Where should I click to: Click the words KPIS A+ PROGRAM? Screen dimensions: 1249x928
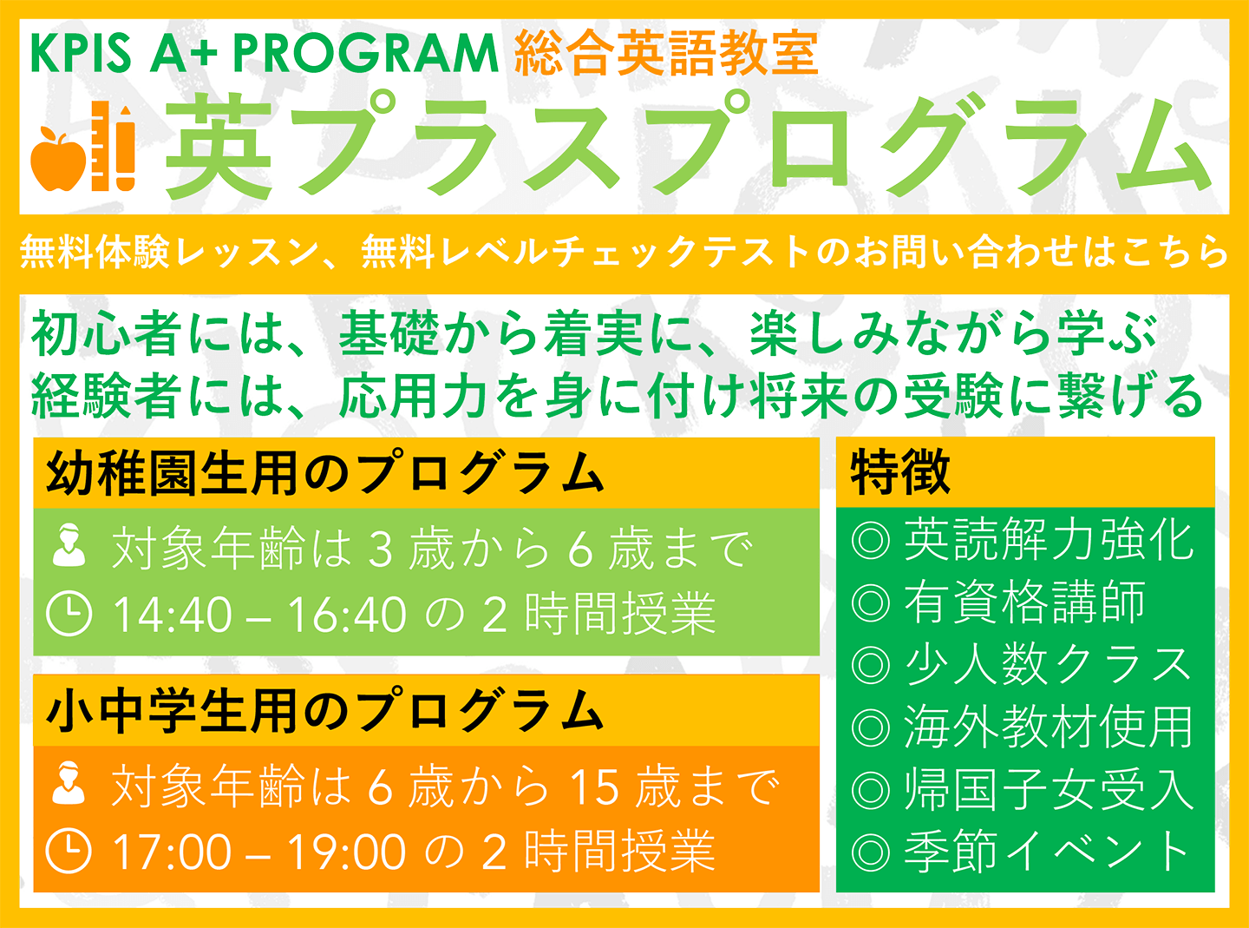pyautogui.click(x=265, y=54)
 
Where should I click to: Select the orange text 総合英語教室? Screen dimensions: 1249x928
pyautogui.click(x=666, y=54)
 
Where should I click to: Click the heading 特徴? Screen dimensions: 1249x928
pyautogui.click(x=900, y=472)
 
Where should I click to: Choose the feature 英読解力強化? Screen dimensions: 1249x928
pyautogui.click(x=1050, y=540)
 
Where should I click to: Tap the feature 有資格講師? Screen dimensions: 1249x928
pyautogui.click(x=1025, y=602)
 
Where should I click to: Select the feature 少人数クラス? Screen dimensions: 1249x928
pyautogui.click(x=1048, y=664)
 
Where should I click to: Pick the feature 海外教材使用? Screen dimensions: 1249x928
pyautogui.click(x=1050, y=727)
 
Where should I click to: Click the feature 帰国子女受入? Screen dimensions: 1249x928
pyautogui.click(x=1050, y=789)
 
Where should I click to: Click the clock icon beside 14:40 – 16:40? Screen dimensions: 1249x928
pyautogui.click(x=69, y=614)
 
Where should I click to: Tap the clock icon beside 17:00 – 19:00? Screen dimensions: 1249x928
pyautogui.click(x=69, y=852)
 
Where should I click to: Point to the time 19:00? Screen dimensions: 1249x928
pyautogui.click(x=347, y=852)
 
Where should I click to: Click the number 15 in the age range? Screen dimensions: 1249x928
pyautogui.click(x=595, y=787)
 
